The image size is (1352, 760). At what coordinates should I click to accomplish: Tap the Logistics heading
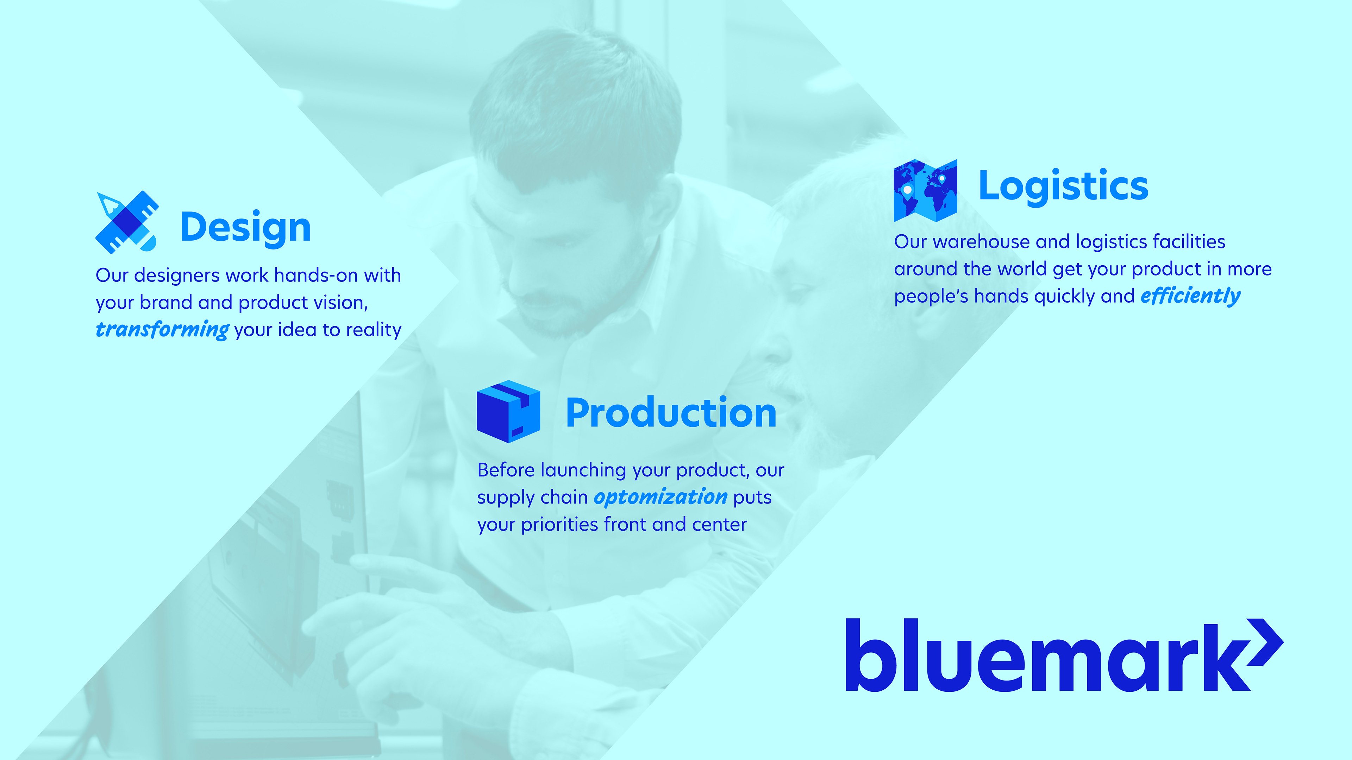pyautogui.click(x=1063, y=186)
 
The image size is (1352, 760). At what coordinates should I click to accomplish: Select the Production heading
pyautogui.click(x=671, y=413)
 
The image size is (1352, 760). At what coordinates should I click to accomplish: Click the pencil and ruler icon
pyautogui.click(x=126, y=222)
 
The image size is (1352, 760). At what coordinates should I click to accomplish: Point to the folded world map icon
pyautogui.click(x=925, y=190)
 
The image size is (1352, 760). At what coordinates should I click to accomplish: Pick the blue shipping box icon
pyautogui.click(x=508, y=412)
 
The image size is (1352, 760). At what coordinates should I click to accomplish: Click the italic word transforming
pyautogui.click(x=162, y=329)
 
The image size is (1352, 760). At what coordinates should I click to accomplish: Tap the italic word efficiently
pyautogui.click(x=1190, y=296)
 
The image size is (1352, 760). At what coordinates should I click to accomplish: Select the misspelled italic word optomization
pyautogui.click(x=660, y=497)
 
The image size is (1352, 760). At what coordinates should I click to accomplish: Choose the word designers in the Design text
pyautogui.click(x=176, y=275)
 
